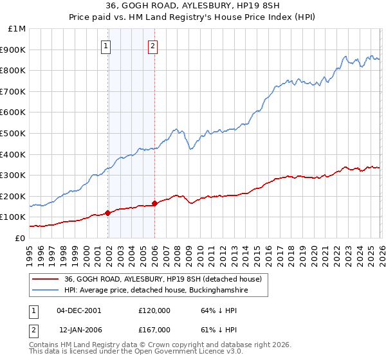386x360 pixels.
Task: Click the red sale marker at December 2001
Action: point(107,213)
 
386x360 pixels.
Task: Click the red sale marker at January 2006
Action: point(154,203)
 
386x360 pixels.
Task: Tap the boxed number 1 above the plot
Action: point(106,46)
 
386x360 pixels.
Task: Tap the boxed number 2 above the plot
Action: point(153,46)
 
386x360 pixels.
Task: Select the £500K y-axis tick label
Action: point(14,134)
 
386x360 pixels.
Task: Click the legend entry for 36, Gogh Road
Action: point(163,280)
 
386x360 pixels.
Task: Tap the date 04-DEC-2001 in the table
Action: point(79,310)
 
